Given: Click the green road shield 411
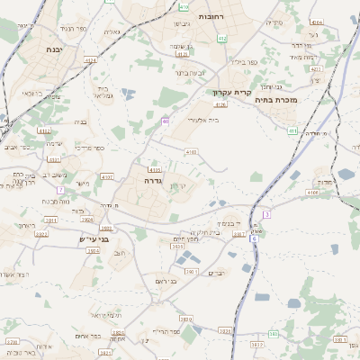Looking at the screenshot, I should point(292,131).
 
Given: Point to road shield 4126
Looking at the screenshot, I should point(220,104).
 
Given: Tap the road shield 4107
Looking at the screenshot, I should point(108,177).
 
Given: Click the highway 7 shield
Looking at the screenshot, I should point(60,190).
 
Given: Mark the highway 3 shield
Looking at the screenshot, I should point(267,213).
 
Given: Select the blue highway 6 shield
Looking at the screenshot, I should point(255,238).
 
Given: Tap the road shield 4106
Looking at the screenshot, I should point(311,192).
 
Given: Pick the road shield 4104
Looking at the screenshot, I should point(316,22).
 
